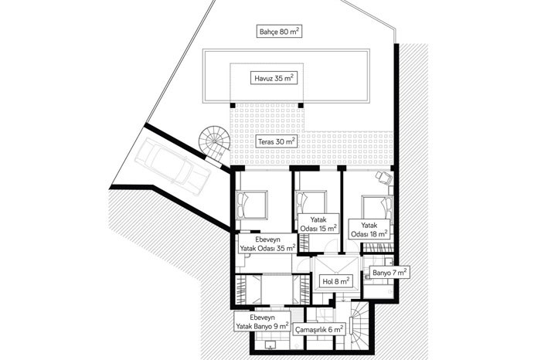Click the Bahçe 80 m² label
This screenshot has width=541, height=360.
(280, 32)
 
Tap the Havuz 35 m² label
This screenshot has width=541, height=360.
(274, 78)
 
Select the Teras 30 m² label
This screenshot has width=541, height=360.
(276, 141)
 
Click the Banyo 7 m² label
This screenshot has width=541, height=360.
(390, 273)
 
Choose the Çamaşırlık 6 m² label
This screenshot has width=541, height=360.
(319, 329)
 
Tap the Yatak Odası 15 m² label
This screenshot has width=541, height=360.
(318, 224)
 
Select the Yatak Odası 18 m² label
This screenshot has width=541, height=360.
(369, 229)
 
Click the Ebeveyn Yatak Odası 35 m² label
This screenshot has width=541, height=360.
(267, 244)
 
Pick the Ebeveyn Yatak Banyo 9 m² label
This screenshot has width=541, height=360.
(262, 321)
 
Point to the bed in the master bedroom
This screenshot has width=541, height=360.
(251, 205)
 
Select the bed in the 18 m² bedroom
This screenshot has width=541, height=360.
(377, 208)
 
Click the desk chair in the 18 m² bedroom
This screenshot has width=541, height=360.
(383, 177)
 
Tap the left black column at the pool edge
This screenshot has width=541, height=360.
(233, 105)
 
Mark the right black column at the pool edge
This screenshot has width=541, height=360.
(301, 105)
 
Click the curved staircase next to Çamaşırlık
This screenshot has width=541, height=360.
(359, 326)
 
